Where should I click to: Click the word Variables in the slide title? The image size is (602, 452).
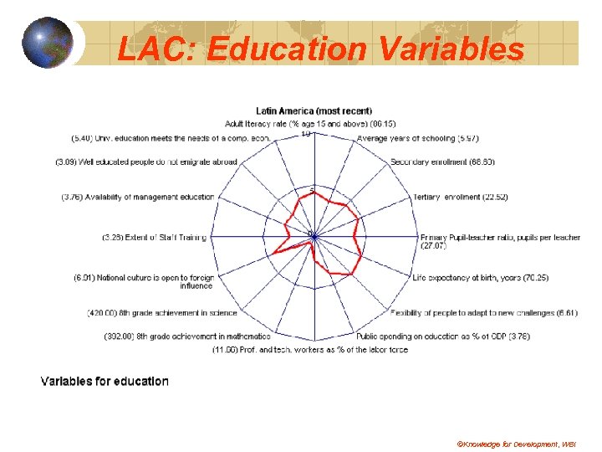click(x=451, y=49)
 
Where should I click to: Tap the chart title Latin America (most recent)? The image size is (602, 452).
click(x=314, y=111)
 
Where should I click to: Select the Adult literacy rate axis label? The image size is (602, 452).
click(x=314, y=124)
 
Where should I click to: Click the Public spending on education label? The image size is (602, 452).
click(x=442, y=336)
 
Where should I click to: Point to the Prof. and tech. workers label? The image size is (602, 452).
click(x=310, y=349)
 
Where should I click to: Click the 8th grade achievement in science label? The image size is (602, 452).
click(x=162, y=313)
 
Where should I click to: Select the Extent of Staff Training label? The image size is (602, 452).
click(x=154, y=238)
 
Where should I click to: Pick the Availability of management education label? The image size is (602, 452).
click(x=138, y=198)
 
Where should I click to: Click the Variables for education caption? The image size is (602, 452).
click(x=105, y=382)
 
